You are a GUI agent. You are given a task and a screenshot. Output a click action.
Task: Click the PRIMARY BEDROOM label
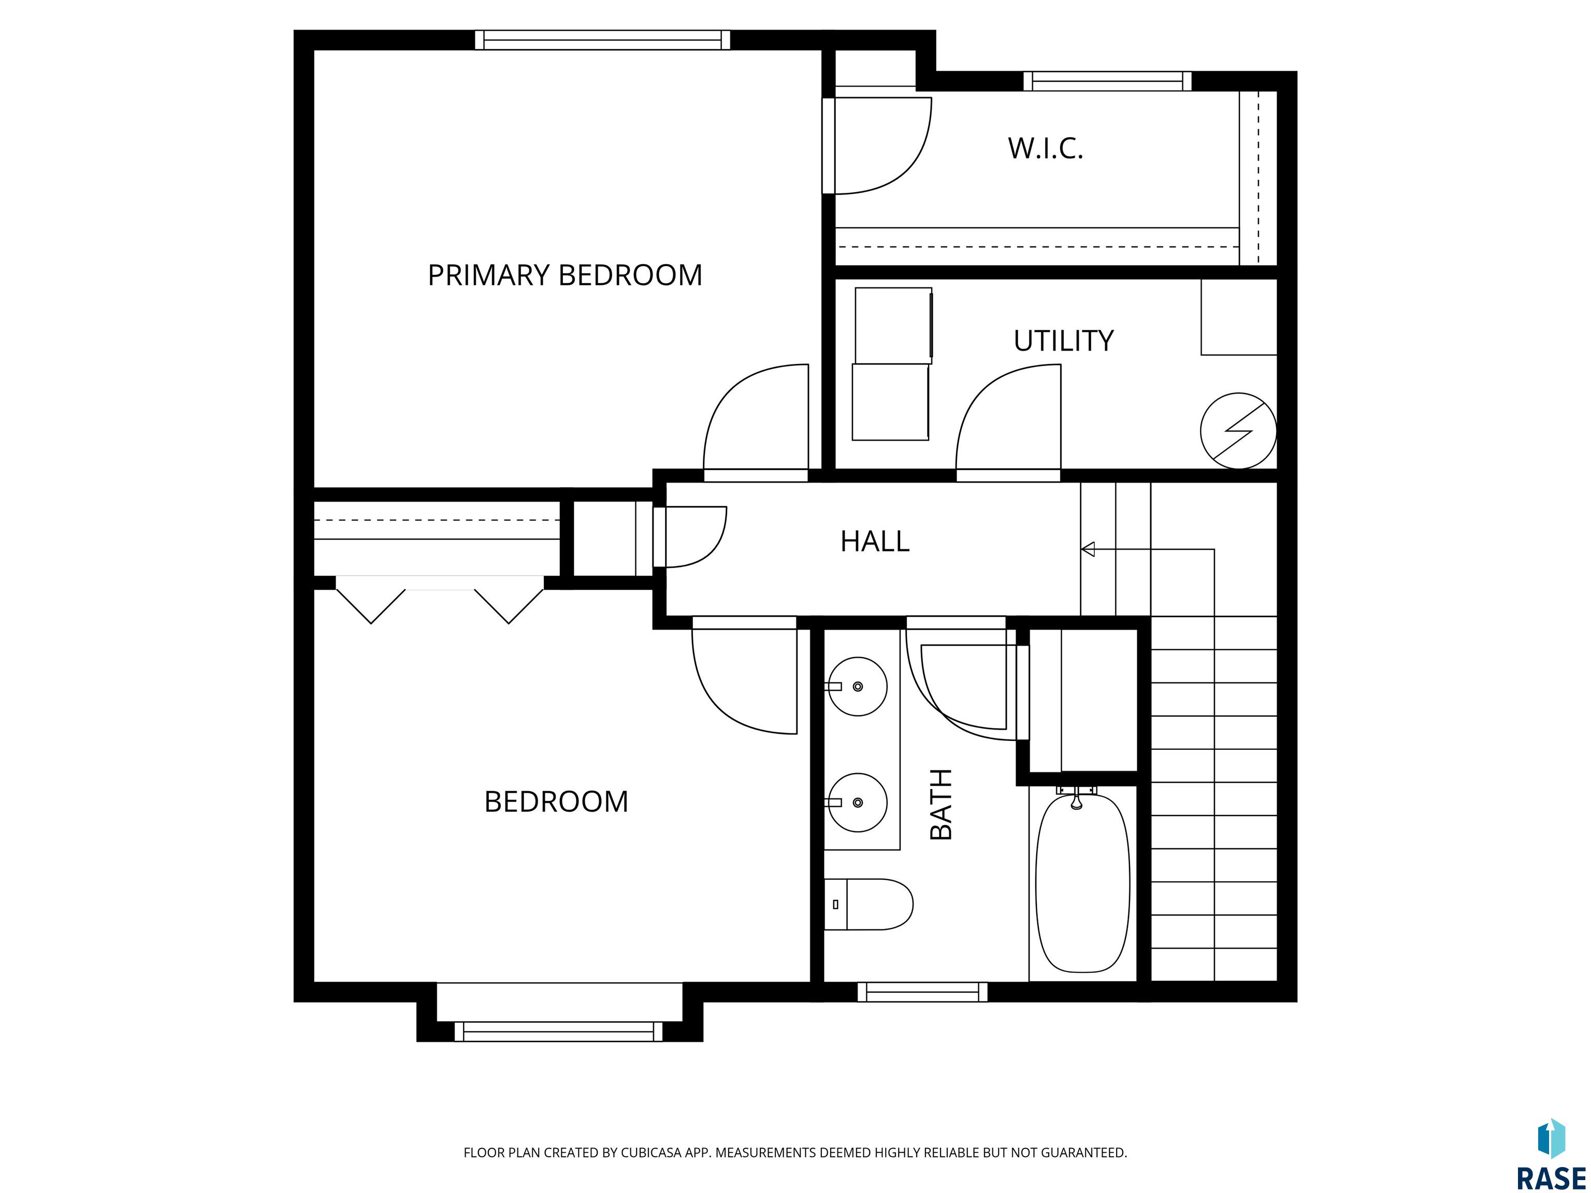(565, 275)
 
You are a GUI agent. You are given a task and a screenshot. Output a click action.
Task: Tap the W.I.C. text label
(1045, 149)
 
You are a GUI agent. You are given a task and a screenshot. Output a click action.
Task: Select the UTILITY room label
(1063, 341)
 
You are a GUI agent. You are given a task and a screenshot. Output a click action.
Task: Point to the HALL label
(875, 542)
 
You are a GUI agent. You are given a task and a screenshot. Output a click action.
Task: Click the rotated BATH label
(941, 804)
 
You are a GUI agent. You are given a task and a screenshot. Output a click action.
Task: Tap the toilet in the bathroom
(868, 905)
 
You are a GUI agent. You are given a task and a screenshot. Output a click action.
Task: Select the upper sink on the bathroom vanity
(857, 687)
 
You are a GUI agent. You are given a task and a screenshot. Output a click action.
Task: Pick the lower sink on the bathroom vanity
(857, 803)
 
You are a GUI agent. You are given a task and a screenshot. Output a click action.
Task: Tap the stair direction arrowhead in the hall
(1088, 549)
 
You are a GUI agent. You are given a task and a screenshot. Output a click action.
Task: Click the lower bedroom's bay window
(559, 1032)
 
